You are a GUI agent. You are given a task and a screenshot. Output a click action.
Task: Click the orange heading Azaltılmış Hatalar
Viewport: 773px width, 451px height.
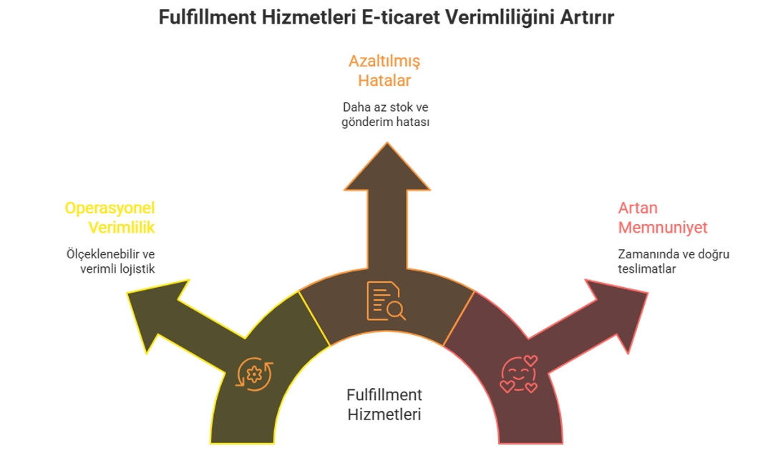[384, 71]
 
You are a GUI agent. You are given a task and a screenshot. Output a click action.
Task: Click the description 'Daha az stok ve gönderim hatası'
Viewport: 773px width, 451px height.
[386, 115]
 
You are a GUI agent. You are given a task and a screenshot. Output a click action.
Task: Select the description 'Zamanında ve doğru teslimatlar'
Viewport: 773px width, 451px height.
[673, 261]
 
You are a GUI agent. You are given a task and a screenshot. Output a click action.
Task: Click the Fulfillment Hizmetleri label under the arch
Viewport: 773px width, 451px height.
[384, 404]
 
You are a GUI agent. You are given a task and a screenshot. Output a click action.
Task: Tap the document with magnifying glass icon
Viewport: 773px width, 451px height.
[386, 301]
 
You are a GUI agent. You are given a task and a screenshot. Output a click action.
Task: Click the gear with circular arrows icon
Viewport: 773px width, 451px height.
[254, 374]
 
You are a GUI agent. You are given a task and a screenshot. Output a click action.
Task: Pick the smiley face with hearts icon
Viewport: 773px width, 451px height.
[519, 374]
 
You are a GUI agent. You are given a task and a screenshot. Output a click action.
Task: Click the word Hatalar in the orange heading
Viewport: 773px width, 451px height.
[384, 80]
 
